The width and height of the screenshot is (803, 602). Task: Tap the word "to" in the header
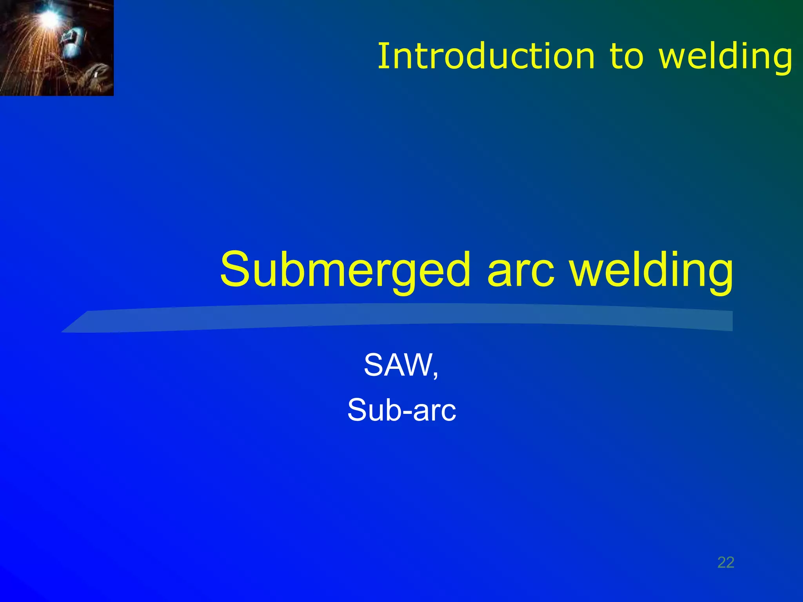[x=626, y=57]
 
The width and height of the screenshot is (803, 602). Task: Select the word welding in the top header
[x=725, y=57]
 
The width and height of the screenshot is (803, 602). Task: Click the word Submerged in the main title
[x=345, y=270]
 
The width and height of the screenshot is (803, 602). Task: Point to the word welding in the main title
[x=651, y=270]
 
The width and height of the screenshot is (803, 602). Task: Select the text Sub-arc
[x=401, y=410]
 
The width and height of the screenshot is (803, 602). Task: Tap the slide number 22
[x=726, y=562]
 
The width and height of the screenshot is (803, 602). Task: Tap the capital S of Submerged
[x=235, y=270]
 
